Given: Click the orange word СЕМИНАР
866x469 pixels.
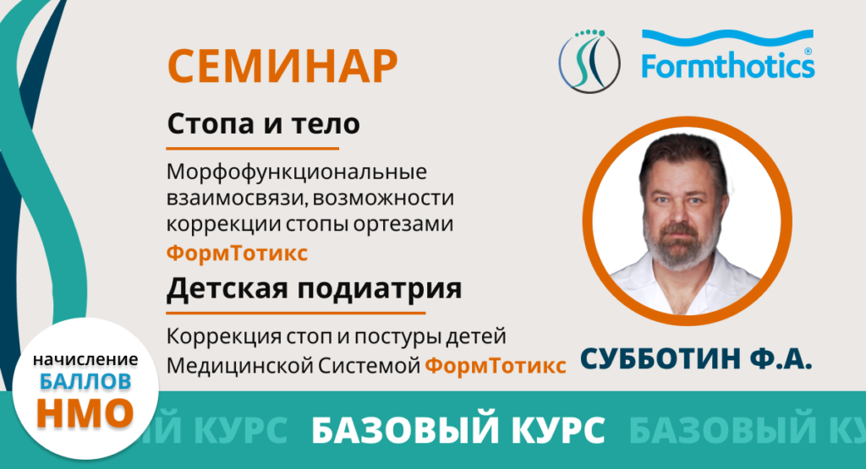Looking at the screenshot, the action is (x=282, y=67).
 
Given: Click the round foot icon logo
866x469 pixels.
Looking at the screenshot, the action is (x=589, y=61).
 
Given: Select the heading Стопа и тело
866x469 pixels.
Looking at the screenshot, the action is (x=264, y=123).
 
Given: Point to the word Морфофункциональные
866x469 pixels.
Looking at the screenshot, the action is (x=297, y=172).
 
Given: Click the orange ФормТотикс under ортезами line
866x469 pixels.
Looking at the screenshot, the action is (x=237, y=253).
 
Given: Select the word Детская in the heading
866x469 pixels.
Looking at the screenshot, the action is (x=227, y=288).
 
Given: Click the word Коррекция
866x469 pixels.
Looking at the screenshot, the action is (x=223, y=336).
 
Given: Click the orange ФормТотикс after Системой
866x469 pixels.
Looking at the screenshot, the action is (x=495, y=365).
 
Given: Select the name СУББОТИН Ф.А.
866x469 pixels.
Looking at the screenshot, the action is (x=696, y=358).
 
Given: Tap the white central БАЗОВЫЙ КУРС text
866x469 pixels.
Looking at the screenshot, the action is (x=458, y=431).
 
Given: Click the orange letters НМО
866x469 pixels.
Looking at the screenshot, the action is (x=85, y=412).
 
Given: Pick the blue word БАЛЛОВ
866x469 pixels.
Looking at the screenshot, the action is (x=85, y=381).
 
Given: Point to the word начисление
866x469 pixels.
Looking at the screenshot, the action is (x=85, y=360).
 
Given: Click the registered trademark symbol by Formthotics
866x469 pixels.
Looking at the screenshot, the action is (x=808, y=52).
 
